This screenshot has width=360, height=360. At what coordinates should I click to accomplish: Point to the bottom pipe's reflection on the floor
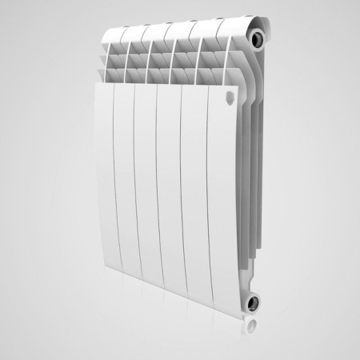click(254, 328)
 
